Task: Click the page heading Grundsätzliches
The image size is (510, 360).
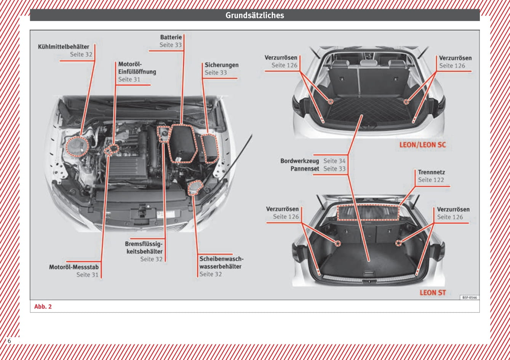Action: click(254, 15)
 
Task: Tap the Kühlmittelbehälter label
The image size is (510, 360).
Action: click(64, 47)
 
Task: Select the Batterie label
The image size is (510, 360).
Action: click(171, 37)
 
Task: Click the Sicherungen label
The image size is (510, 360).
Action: click(221, 65)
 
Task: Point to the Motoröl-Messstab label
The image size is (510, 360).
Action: click(74, 267)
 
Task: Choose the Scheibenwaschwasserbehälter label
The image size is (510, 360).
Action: click(220, 263)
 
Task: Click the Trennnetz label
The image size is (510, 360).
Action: click(431, 172)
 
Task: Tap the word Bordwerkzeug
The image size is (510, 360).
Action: click(300, 161)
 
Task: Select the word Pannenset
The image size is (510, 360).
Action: click(305, 168)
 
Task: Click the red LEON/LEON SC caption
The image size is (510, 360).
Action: click(422, 145)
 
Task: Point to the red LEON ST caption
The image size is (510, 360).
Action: click(433, 293)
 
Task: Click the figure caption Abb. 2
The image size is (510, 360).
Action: click(43, 307)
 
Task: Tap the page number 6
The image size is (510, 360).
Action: click(9, 341)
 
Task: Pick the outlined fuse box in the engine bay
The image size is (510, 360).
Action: click(209, 148)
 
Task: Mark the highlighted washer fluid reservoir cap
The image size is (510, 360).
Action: click(195, 187)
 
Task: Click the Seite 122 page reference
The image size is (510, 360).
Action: click(431, 180)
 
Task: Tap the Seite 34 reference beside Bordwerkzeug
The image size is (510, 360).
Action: click(334, 161)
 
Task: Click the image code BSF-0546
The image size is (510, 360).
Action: click(470, 298)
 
